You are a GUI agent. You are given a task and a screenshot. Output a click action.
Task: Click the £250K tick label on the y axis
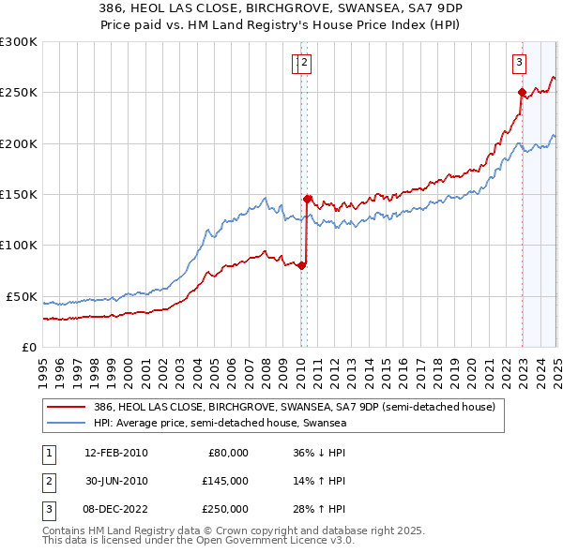[18, 93]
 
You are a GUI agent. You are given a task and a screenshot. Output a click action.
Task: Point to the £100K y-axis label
[18, 246]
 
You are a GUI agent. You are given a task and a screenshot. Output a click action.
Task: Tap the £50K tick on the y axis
[22, 296]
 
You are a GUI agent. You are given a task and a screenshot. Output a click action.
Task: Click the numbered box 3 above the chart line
[519, 64]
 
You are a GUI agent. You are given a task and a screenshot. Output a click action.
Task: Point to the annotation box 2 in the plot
[306, 64]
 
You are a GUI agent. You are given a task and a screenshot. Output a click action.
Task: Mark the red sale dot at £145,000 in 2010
[307, 199]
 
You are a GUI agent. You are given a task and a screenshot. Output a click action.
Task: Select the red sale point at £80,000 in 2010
[301, 265]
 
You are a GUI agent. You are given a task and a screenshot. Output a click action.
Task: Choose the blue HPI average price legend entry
[221, 423]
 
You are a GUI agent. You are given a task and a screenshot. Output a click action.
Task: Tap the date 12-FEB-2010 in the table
[116, 453]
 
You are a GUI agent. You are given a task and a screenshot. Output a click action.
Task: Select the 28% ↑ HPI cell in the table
[319, 509]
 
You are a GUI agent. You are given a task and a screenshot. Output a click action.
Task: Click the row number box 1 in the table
[47, 453]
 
